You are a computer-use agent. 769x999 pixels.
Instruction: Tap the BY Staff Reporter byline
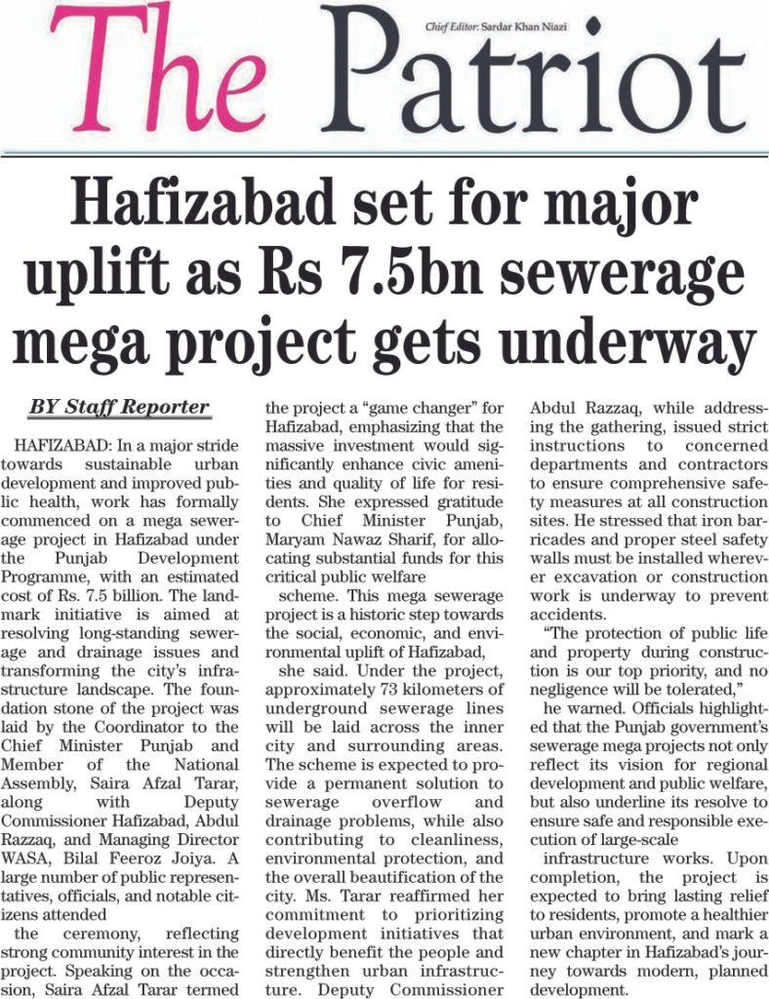coord(119,406)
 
